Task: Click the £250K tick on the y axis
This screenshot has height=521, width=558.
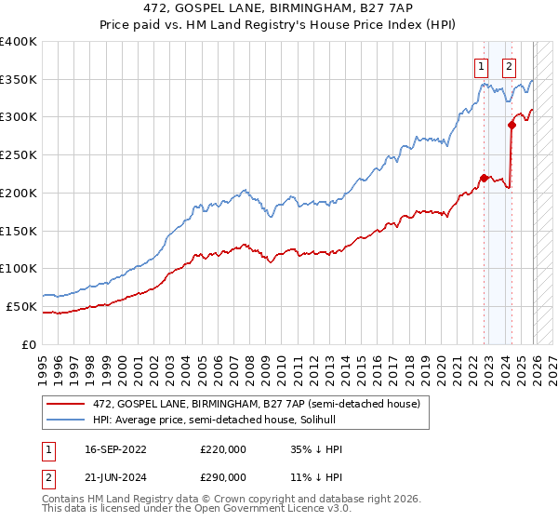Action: click(x=19, y=155)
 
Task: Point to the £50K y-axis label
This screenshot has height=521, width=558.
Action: click(x=21, y=306)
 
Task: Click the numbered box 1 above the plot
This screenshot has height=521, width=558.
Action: click(x=482, y=66)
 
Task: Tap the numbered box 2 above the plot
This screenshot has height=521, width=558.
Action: click(x=510, y=66)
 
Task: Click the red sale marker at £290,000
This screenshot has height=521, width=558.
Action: click(x=511, y=124)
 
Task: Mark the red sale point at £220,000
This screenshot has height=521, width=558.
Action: click(x=484, y=178)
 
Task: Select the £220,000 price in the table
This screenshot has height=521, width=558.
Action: click(x=223, y=449)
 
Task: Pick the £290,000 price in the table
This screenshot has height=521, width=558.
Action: click(x=223, y=477)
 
